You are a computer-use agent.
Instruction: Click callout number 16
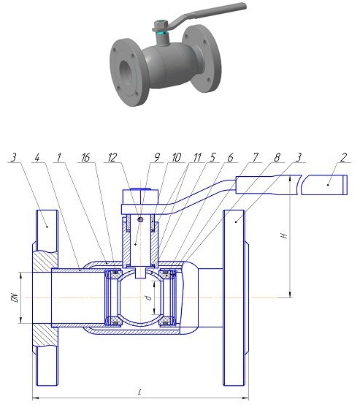click(85, 158)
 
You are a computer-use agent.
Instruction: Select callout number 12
click(112, 158)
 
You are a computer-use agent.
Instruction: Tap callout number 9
click(157, 157)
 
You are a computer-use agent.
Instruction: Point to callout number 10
click(176, 157)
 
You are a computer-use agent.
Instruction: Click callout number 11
click(197, 157)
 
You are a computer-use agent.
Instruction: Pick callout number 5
click(212, 157)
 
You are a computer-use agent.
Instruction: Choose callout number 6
click(230, 157)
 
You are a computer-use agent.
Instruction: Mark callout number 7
click(256, 157)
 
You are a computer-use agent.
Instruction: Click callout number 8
click(277, 157)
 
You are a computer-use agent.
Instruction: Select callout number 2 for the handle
click(343, 157)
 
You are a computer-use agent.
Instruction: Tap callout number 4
click(37, 158)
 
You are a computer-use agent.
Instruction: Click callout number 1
click(59, 158)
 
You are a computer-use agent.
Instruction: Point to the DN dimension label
click(15, 298)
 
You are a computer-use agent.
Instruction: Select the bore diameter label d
click(149, 297)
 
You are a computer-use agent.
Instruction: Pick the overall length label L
click(139, 392)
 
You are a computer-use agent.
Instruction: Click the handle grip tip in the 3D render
click(243, 7)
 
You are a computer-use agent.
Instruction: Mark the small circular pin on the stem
click(140, 219)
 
